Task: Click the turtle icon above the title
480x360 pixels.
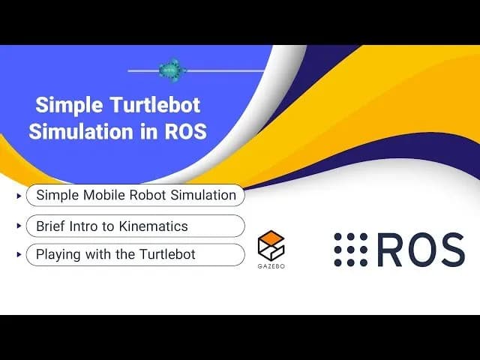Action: click(x=170, y=70)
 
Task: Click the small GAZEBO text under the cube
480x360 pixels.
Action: click(x=271, y=265)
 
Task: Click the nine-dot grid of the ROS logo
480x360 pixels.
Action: click(x=350, y=250)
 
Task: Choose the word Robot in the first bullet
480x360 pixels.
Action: click(x=144, y=196)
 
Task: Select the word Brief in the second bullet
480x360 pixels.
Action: click(x=51, y=226)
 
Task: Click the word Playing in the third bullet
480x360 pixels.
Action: click(x=57, y=255)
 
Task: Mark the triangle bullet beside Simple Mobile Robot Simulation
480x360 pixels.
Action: click(x=18, y=196)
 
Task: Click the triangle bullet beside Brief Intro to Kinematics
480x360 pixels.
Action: click(x=18, y=226)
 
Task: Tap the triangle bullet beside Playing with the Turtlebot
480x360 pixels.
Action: click(x=18, y=255)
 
